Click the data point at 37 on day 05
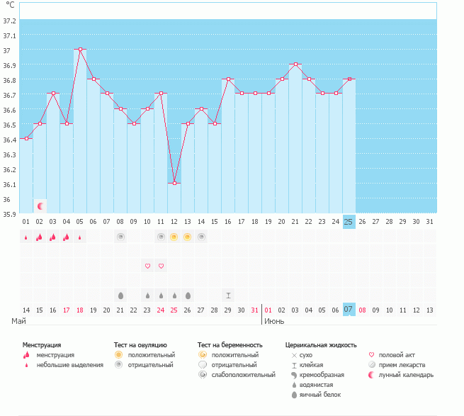(x=80, y=50)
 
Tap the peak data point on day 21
(x=295, y=64)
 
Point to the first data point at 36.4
(x=26, y=138)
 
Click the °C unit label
(x=10, y=5)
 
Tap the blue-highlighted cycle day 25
(x=349, y=222)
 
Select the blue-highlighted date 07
(x=349, y=310)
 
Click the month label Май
(x=19, y=321)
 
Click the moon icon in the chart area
(x=40, y=206)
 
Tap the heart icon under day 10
(x=147, y=266)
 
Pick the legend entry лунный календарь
(x=406, y=374)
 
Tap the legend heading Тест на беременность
(x=230, y=344)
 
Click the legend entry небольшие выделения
(x=69, y=365)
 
